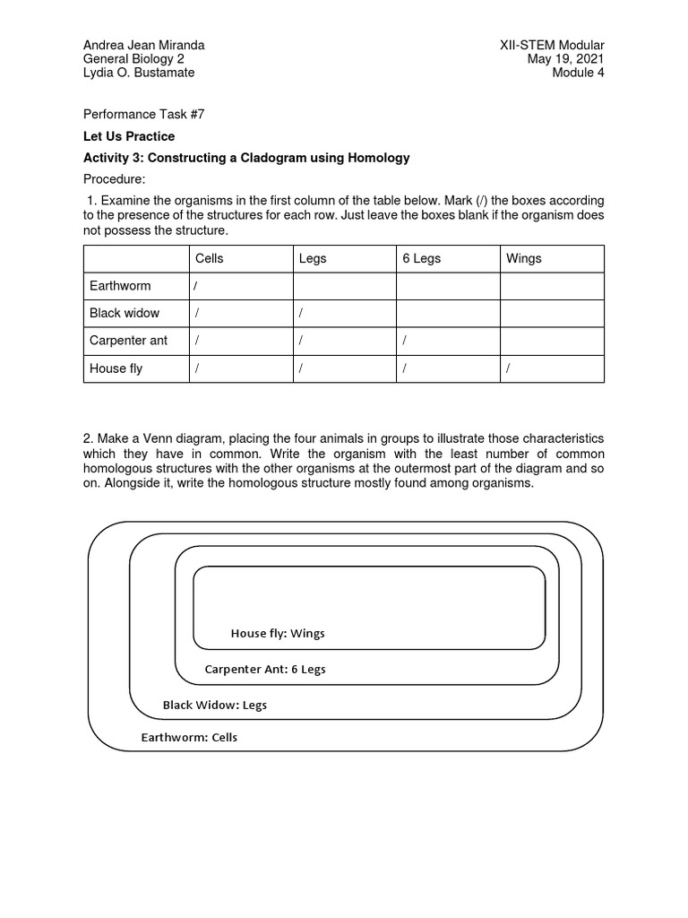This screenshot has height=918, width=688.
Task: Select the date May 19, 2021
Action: click(566, 59)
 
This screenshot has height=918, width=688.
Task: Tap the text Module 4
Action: click(578, 73)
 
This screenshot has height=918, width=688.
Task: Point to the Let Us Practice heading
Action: click(129, 136)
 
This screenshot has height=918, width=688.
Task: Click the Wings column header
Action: click(524, 258)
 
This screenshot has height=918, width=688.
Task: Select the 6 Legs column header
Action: click(421, 258)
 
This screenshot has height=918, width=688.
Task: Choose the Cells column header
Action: click(210, 258)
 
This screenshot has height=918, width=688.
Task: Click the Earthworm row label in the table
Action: click(120, 286)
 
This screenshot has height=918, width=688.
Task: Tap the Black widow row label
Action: click(125, 313)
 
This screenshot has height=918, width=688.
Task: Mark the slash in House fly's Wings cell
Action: click(508, 368)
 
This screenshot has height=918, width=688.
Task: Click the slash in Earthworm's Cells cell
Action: click(195, 286)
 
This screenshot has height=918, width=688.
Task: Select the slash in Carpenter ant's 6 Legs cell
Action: click(404, 341)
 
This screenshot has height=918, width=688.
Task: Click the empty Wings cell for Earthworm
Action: click(552, 286)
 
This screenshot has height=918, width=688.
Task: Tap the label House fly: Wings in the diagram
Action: click(278, 634)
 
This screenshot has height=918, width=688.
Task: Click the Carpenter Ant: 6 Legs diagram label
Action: click(265, 670)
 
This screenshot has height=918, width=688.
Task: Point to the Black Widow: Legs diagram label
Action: click(215, 705)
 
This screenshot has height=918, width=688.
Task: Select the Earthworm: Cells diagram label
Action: click(189, 738)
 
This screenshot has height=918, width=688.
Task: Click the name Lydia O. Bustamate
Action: click(139, 73)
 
